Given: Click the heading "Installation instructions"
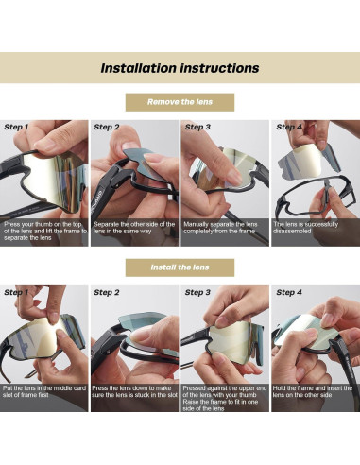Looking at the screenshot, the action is point(180,68).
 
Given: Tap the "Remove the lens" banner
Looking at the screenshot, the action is point(180,102).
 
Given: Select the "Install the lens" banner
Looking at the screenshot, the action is point(180,267).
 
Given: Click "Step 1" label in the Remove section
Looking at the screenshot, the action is point(16,127).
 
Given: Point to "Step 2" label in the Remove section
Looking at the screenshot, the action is point(107,127).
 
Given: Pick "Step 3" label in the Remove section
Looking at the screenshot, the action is point(197,127).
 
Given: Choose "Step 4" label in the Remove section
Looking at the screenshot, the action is point(289,127).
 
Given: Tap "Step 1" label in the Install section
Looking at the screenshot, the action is point(16,292).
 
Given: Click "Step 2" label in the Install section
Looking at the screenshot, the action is point(107,292).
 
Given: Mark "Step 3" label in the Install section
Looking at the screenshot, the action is point(197,292).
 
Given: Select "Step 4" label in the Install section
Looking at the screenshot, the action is point(289,292).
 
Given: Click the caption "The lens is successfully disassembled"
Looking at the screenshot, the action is point(305,228).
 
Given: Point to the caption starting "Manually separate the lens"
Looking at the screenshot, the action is point(220,228).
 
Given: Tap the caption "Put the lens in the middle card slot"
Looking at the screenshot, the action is point(44,391).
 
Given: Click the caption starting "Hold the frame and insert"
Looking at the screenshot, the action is point(313,391).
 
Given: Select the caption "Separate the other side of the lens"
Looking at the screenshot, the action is point(134,228).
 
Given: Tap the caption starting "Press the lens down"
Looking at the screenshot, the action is point(135,391).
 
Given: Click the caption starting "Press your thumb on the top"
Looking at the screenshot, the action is point(45,231).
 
